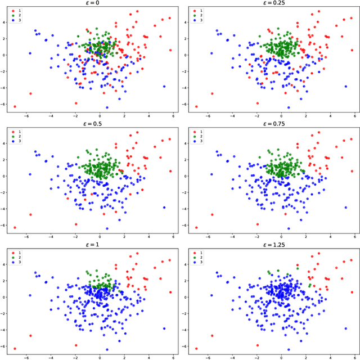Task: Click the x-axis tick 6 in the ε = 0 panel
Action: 173,115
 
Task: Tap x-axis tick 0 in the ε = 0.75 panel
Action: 281,236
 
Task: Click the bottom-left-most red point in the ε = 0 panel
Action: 15,106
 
